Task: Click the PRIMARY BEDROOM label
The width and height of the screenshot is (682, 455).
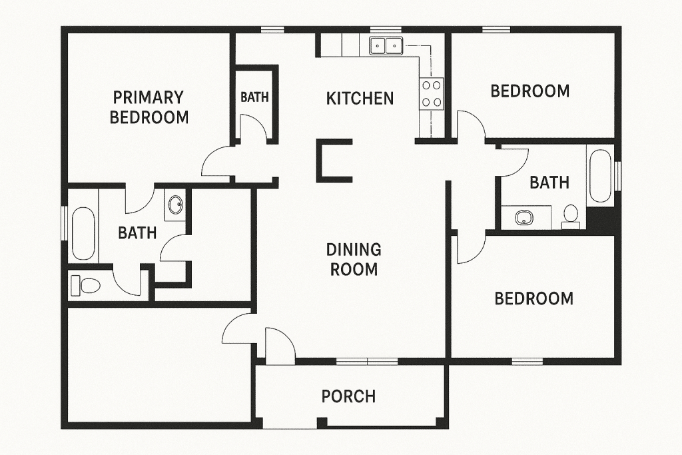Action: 149,107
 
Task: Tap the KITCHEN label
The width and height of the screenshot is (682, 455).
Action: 360,99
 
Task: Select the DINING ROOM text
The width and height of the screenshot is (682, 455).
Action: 353,259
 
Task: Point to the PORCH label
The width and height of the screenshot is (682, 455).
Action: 348,396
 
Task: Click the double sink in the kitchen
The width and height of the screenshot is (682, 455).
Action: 386,45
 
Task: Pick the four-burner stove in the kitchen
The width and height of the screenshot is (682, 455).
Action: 431,93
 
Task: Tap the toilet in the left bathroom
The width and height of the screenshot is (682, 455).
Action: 85,285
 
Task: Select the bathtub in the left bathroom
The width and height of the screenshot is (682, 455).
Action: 83,234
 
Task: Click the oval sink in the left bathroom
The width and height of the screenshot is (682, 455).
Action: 176,205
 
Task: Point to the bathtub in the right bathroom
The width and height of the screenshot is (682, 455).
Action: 600,177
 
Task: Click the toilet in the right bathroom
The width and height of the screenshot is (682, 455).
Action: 571,215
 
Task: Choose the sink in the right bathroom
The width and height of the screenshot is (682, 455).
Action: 525,217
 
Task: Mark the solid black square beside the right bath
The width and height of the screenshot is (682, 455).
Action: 601,221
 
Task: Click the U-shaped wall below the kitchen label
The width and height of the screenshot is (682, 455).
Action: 331,161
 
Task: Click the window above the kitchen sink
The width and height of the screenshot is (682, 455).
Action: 386,29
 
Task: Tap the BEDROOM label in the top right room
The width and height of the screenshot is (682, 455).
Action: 530,91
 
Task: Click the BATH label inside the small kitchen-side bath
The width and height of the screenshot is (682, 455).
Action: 254,97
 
